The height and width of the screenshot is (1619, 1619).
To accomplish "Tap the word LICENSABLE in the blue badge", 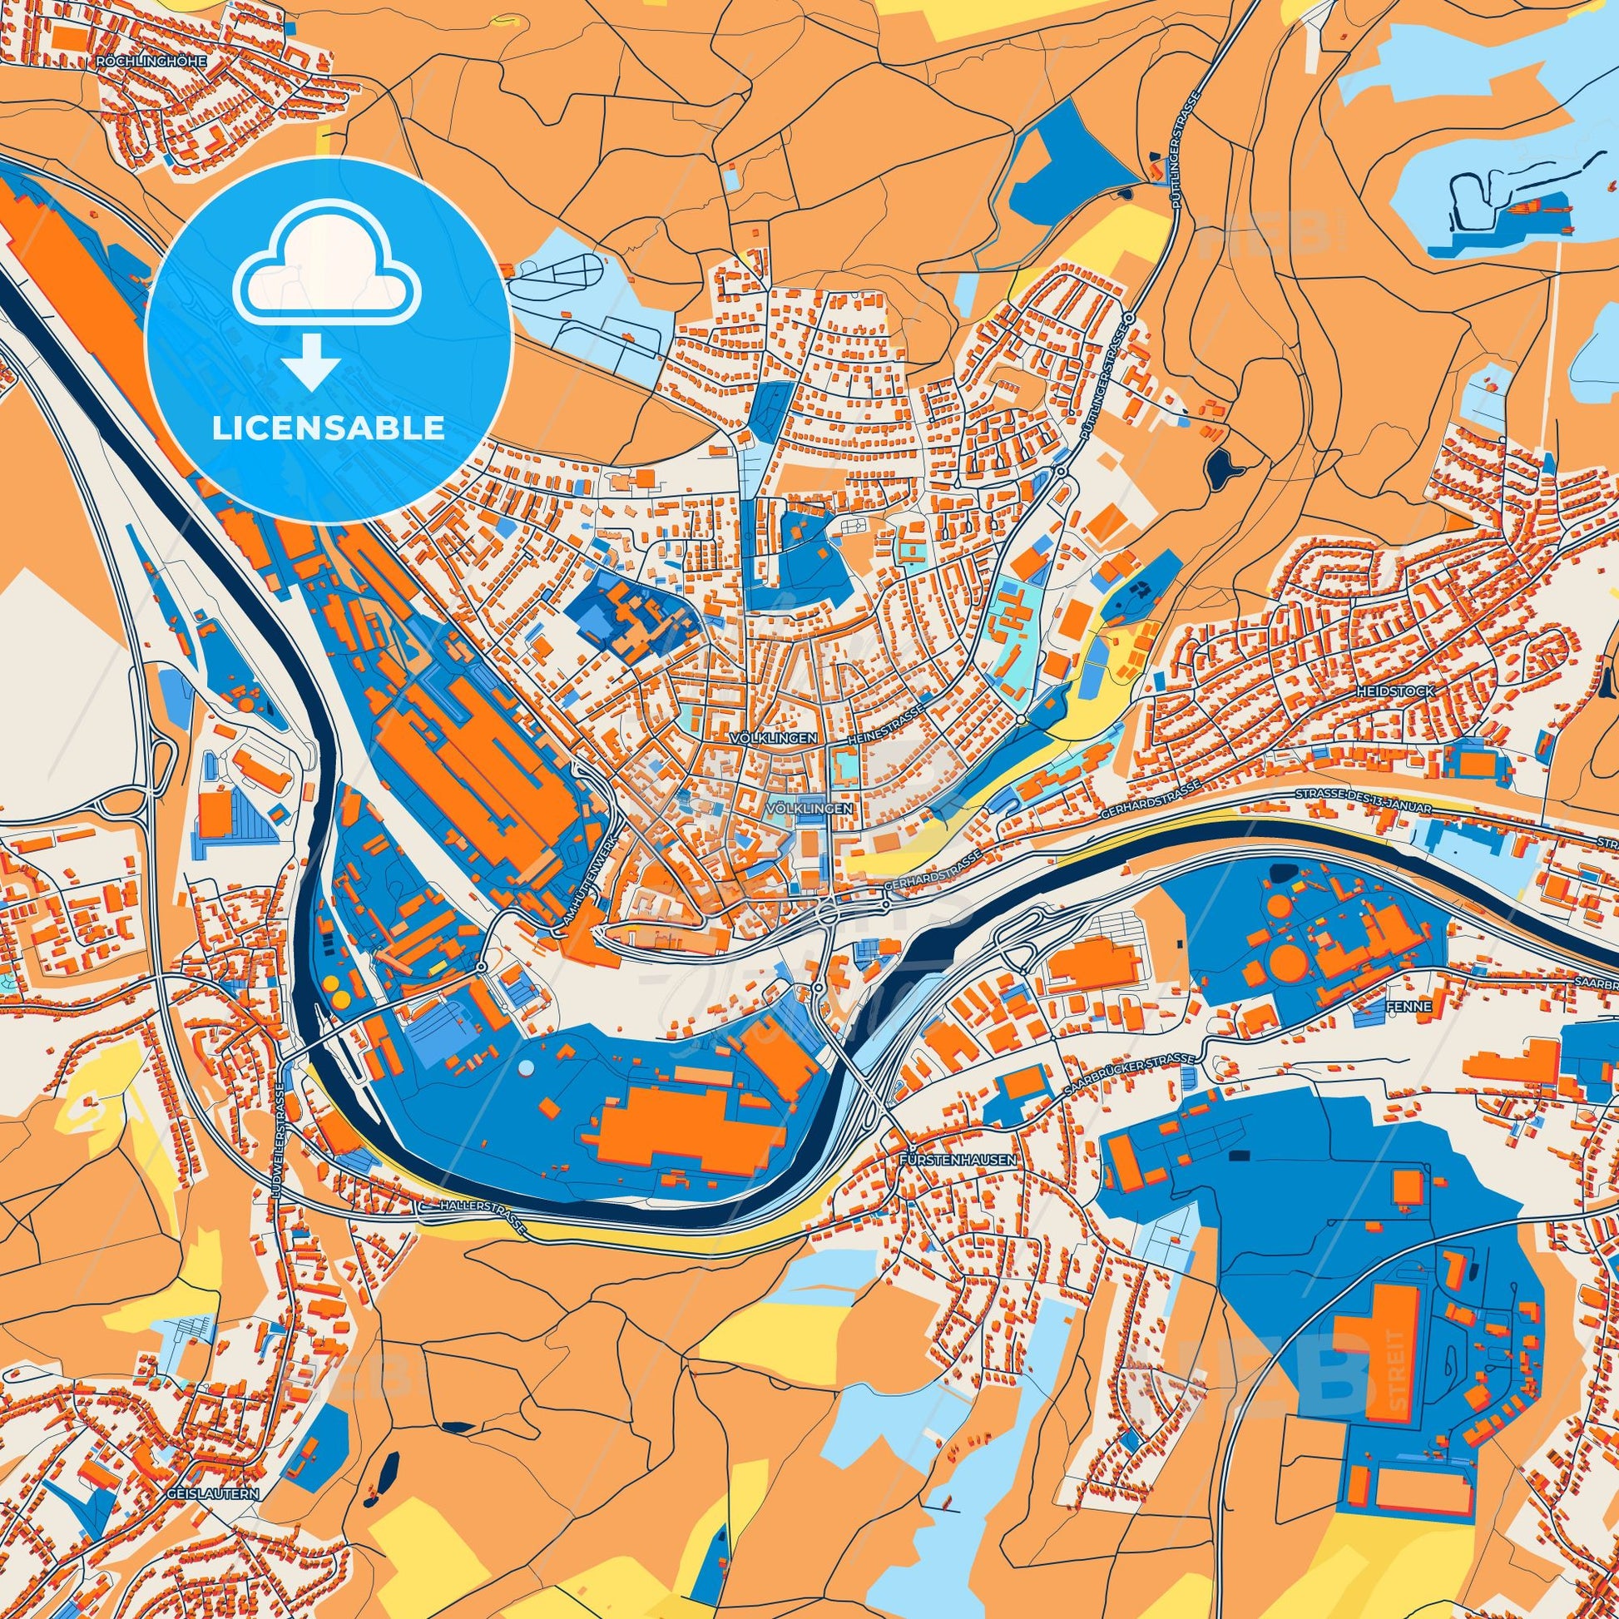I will [x=328, y=428].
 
